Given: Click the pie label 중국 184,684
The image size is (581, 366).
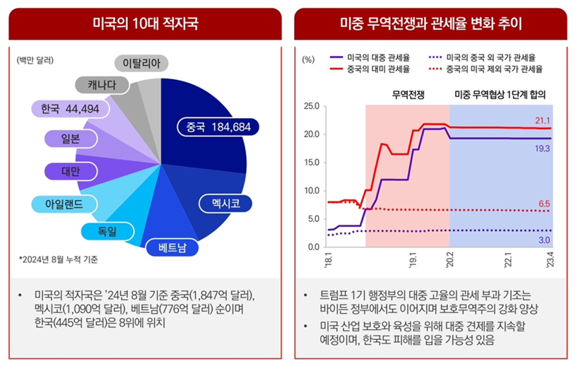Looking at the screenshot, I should click(218, 126).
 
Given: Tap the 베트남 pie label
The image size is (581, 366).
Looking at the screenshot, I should click(171, 247).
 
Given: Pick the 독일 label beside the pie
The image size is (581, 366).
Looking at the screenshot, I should click(108, 231).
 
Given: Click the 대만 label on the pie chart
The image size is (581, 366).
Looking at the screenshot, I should click(69, 171).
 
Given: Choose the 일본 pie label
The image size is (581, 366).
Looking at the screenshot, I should click(69, 138).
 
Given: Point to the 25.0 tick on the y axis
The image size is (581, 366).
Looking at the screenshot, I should click(311, 106).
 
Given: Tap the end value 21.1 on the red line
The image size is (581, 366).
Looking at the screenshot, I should click(542, 120).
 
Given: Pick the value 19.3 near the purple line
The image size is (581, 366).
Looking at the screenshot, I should click(542, 149).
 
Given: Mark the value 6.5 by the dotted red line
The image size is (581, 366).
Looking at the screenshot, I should click(544, 203).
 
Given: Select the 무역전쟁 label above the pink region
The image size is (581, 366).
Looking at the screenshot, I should click(408, 94).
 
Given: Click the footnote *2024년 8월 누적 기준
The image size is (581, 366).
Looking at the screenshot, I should click(59, 259).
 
